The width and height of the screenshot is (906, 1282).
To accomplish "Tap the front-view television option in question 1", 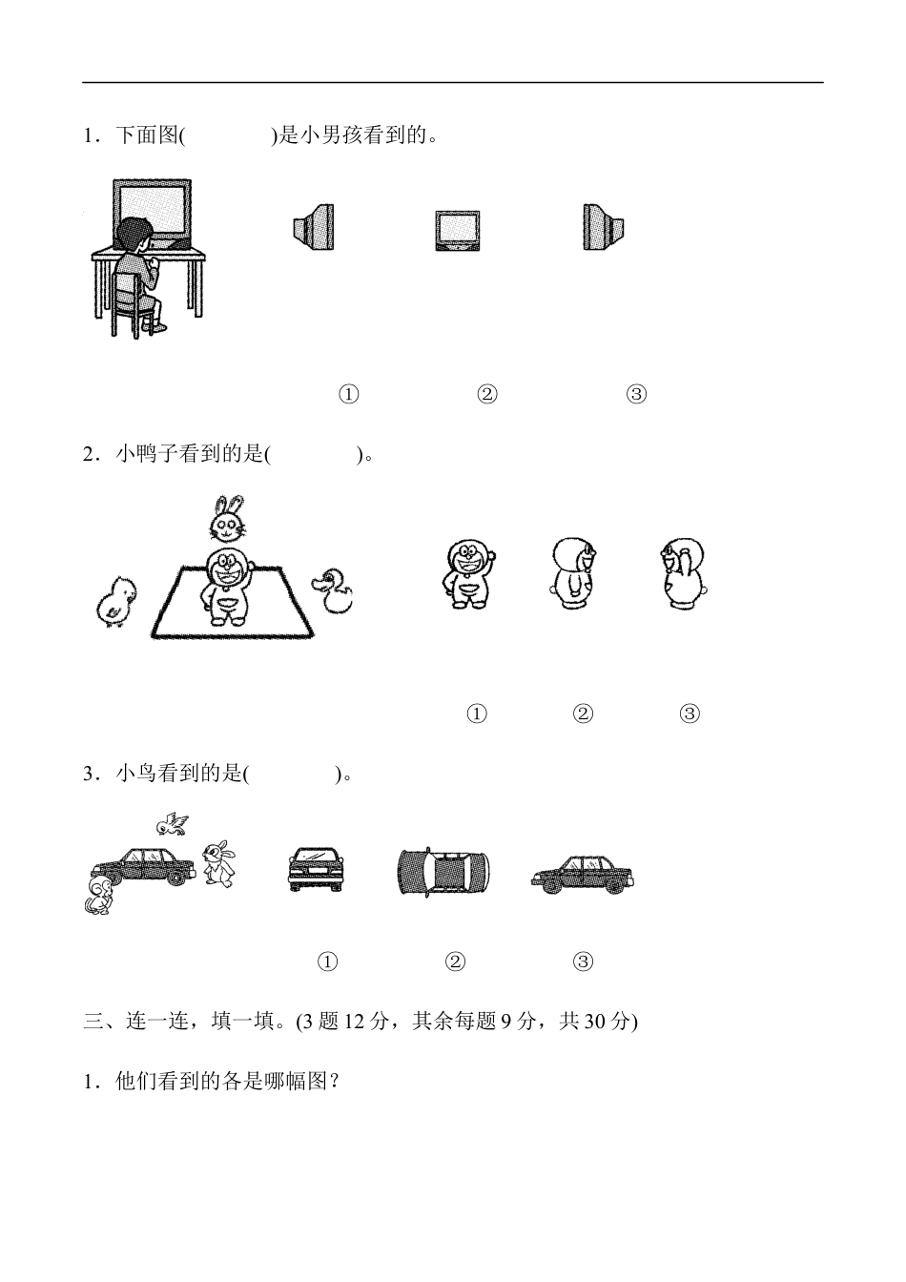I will [457, 230].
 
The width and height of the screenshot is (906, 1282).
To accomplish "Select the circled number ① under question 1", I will [349, 394].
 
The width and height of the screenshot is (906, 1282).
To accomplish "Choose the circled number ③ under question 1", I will [636, 394].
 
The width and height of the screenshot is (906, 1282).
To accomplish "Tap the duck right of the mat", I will [333, 592].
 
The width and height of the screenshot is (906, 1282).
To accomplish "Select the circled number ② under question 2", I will [583, 713].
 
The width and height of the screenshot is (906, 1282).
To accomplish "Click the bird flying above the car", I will [172, 823].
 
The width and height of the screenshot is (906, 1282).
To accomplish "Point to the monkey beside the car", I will [101, 898].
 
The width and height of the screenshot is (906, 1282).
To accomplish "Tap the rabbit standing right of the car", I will [218, 863].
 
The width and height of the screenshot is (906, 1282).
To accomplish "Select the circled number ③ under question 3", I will [583, 961].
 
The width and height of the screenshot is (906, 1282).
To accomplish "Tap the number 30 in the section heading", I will [592, 1022].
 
